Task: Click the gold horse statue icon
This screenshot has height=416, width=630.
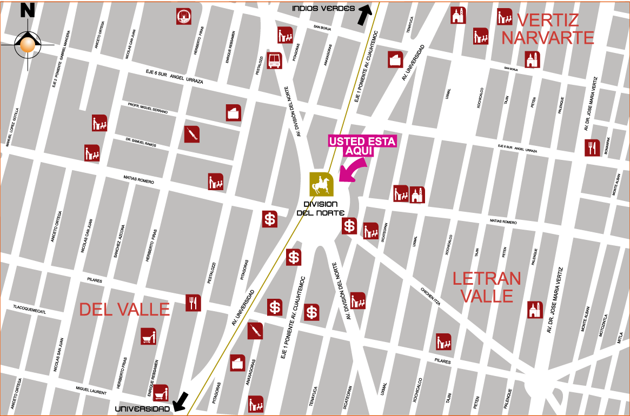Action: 321,184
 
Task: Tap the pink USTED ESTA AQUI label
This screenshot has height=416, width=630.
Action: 362,146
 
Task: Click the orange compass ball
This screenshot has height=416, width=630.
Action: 28,45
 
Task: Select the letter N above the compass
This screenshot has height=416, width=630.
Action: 27,11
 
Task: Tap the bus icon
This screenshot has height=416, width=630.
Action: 274,60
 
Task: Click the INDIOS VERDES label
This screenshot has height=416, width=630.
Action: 323,8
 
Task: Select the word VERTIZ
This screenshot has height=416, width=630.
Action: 547,21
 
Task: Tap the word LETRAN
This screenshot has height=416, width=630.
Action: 487,279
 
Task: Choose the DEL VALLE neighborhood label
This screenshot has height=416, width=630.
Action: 124,309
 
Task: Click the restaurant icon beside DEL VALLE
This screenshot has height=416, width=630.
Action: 193,303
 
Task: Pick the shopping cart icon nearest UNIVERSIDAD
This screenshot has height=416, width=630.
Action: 161,392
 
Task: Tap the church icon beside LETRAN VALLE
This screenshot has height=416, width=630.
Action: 535,310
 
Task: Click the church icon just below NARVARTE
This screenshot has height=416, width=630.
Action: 533,59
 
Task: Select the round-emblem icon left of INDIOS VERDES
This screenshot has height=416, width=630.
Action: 184,17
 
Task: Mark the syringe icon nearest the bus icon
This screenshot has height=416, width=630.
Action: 192,134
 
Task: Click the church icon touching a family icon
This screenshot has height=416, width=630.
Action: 417,194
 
